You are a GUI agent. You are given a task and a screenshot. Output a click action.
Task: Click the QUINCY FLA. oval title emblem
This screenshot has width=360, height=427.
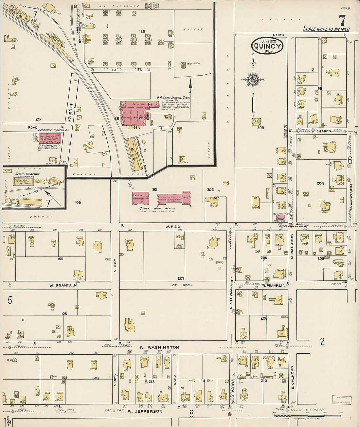pyautogui.click(x=267, y=46)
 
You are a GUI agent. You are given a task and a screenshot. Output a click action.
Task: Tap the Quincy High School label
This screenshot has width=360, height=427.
pyautogui.click(x=157, y=208)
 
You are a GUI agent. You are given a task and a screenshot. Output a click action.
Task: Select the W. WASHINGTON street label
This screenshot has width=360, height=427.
pyautogui.click(x=159, y=347)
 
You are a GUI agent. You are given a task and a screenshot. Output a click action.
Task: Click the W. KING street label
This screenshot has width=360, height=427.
pyautogui.click(x=172, y=226)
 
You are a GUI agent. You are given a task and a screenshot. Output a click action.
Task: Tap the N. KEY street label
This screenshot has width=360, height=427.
pyautogui.click(x=115, y=266)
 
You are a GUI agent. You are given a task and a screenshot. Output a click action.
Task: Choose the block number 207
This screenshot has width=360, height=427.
pyautogui.click(x=181, y=278)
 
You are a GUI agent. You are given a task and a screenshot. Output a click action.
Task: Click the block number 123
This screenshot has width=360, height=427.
pyautogui.click(x=142, y=32)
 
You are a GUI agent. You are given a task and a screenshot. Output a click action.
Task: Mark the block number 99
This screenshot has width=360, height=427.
pyautogui.click(x=319, y=89)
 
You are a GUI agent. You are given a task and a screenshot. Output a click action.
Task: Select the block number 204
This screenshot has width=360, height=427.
pyautogui.click(x=320, y=183)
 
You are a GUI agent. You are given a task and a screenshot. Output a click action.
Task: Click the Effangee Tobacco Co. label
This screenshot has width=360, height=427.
pyautogui.click(x=53, y=130)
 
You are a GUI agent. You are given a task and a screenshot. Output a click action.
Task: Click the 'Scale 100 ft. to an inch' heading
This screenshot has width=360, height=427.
pyautogui.click(x=326, y=29)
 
